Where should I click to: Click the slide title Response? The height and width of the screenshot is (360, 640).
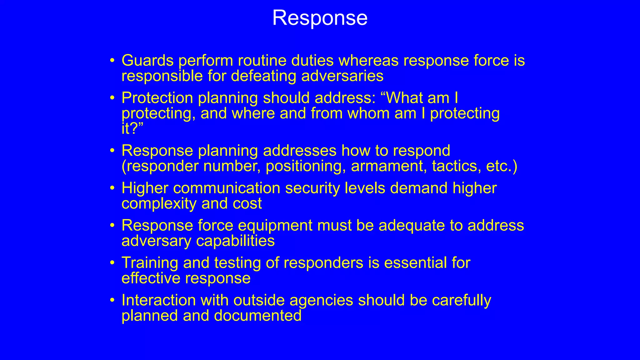320,18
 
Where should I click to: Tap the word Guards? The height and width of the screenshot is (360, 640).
147,60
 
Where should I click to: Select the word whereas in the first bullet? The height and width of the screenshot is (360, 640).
368,60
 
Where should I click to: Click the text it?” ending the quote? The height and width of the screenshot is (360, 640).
132,128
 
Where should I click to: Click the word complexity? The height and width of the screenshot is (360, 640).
159,204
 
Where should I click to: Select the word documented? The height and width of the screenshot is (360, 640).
257,316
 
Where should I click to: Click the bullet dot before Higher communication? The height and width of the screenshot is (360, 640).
112,188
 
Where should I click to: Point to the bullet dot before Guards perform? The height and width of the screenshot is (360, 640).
112,61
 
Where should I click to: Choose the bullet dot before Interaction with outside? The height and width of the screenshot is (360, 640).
112,300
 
